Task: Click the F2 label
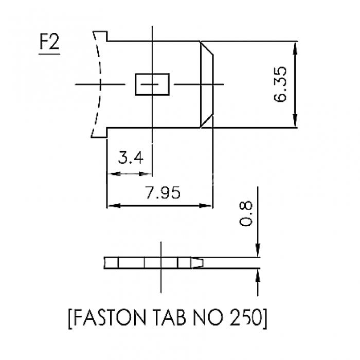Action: tap(49, 42)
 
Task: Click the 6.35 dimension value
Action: tap(280, 84)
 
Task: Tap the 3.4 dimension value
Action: tap(131, 157)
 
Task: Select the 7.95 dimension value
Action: tap(163, 192)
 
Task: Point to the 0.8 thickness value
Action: tap(246, 214)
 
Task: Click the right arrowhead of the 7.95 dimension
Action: tap(205, 206)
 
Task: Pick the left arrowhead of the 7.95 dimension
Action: tap(114, 206)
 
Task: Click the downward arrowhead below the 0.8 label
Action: tap(258, 250)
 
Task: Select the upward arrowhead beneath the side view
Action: tap(258, 275)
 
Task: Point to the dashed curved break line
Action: tap(97, 84)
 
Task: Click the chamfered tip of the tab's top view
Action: tap(207, 84)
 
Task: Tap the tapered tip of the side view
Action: tap(197, 263)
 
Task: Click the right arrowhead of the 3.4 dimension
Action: tap(146, 174)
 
